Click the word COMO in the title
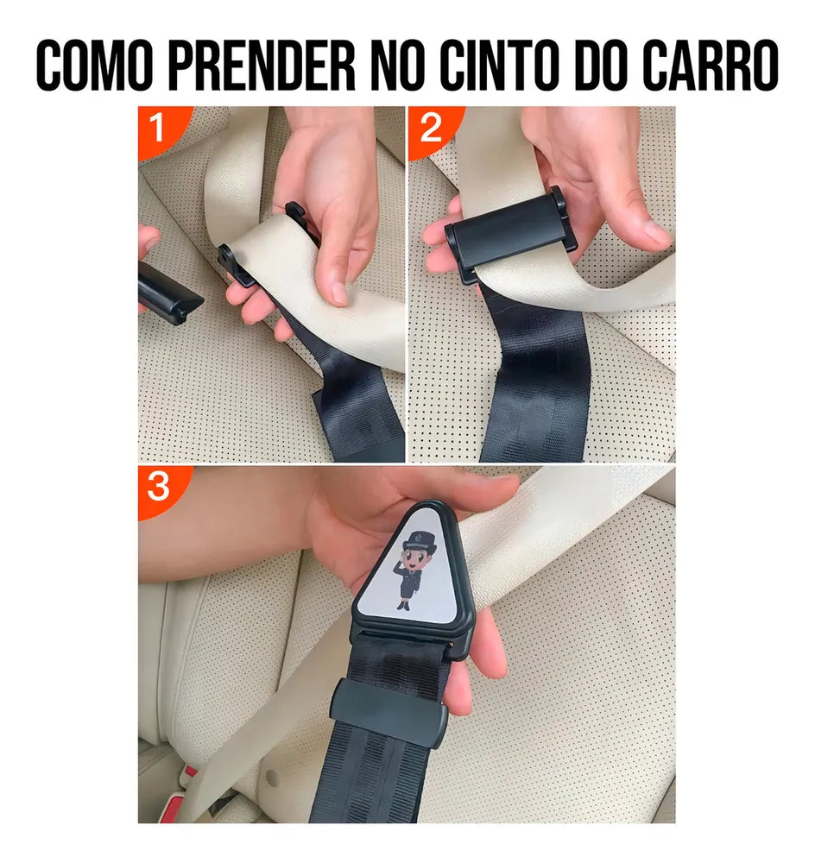click(x=94, y=65)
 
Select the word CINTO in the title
click(x=499, y=65)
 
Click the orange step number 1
click(x=156, y=128)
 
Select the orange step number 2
click(x=431, y=128)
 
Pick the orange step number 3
click(x=158, y=486)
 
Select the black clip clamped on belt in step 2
click(x=510, y=234)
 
